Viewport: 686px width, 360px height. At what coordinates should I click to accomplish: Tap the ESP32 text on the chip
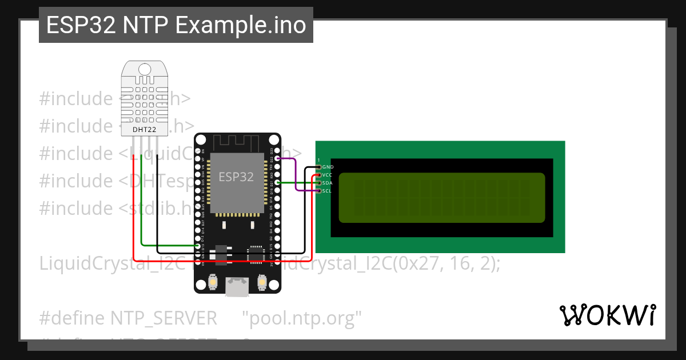pyautogui.click(x=236, y=177)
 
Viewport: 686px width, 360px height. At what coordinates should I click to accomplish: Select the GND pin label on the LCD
pyautogui.click(x=328, y=167)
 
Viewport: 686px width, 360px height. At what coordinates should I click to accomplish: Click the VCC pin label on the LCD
pyautogui.click(x=328, y=175)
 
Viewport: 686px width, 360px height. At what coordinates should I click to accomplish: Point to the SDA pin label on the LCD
pyautogui.click(x=328, y=183)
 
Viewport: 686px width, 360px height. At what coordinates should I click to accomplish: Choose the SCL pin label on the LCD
pyautogui.click(x=328, y=191)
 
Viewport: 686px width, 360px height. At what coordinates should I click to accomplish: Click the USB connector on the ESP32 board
pyautogui.click(x=237, y=286)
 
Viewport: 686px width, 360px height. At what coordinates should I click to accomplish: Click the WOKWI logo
pyautogui.click(x=608, y=315)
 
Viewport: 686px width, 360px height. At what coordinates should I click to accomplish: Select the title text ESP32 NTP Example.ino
pyautogui.click(x=176, y=25)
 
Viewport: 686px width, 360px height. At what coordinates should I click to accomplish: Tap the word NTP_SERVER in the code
pyautogui.click(x=163, y=318)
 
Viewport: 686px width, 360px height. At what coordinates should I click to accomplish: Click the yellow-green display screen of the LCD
pyautogui.click(x=441, y=197)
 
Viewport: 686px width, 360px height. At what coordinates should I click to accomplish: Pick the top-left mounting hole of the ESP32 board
pyautogui.click(x=200, y=139)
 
